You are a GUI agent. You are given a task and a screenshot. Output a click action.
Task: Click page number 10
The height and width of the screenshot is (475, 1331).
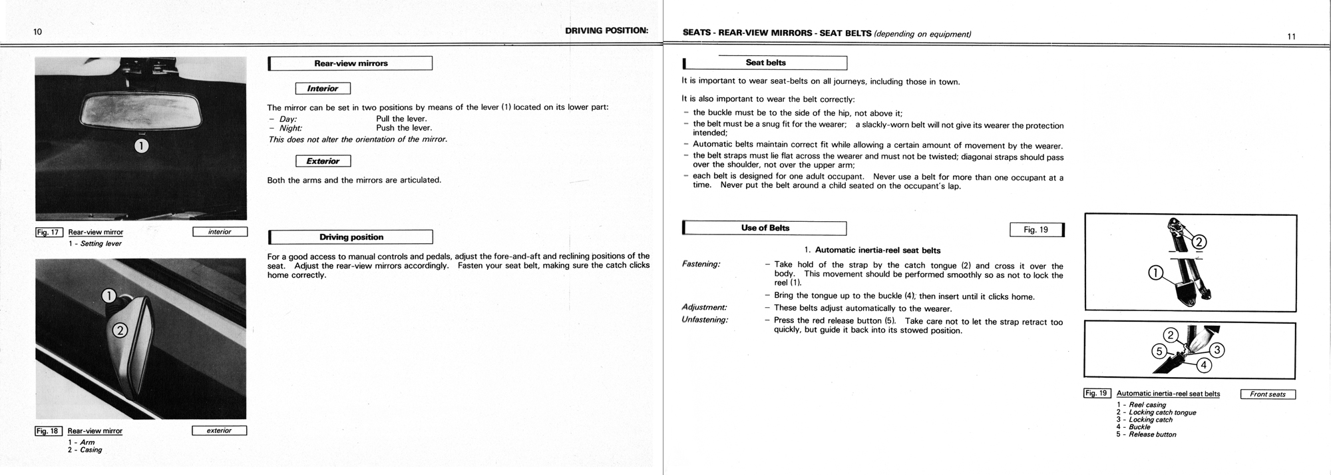click(38, 32)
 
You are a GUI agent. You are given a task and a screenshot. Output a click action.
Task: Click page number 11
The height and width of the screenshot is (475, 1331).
click(1291, 37)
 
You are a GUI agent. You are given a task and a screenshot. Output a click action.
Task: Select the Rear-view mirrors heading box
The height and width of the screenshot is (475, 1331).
click(351, 63)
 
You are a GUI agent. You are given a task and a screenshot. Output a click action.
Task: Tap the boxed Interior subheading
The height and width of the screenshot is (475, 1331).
click(323, 89)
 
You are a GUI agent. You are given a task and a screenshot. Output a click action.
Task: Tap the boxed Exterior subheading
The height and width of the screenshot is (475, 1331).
click(323, 161)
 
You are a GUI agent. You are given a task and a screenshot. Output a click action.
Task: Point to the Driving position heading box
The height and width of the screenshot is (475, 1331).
click(351, 237)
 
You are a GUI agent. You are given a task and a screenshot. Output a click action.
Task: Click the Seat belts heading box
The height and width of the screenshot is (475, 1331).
click(765, 63)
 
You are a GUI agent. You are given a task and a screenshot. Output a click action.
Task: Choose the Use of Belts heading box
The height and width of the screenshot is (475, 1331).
click(765, 228)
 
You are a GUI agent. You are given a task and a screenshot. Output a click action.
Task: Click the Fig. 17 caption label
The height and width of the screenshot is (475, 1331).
click(49, 233)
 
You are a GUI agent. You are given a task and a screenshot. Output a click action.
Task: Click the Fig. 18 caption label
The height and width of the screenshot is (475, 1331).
click(49, 431)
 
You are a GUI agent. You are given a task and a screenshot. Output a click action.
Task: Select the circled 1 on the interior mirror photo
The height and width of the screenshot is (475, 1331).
click(141, 146)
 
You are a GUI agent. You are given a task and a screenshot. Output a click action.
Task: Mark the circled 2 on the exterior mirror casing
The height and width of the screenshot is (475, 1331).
click(120, 330)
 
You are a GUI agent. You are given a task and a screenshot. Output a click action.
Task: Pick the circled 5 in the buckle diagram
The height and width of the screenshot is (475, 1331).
click(1159, 351)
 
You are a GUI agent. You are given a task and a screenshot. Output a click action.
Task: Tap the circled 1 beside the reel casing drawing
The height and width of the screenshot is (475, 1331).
click(1156, 272)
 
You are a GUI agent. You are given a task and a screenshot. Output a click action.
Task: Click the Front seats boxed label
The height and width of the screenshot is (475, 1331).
click(1268, 394)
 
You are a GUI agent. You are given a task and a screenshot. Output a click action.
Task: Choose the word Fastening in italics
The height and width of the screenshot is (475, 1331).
click(701, 264)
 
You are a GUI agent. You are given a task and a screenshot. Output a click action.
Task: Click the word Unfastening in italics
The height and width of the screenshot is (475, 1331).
click(705, 320)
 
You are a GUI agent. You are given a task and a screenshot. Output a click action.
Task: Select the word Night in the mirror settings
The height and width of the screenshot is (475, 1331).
click(290, 128)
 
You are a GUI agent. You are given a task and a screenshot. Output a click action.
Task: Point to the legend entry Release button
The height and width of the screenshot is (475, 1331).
click(1152, 434)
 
